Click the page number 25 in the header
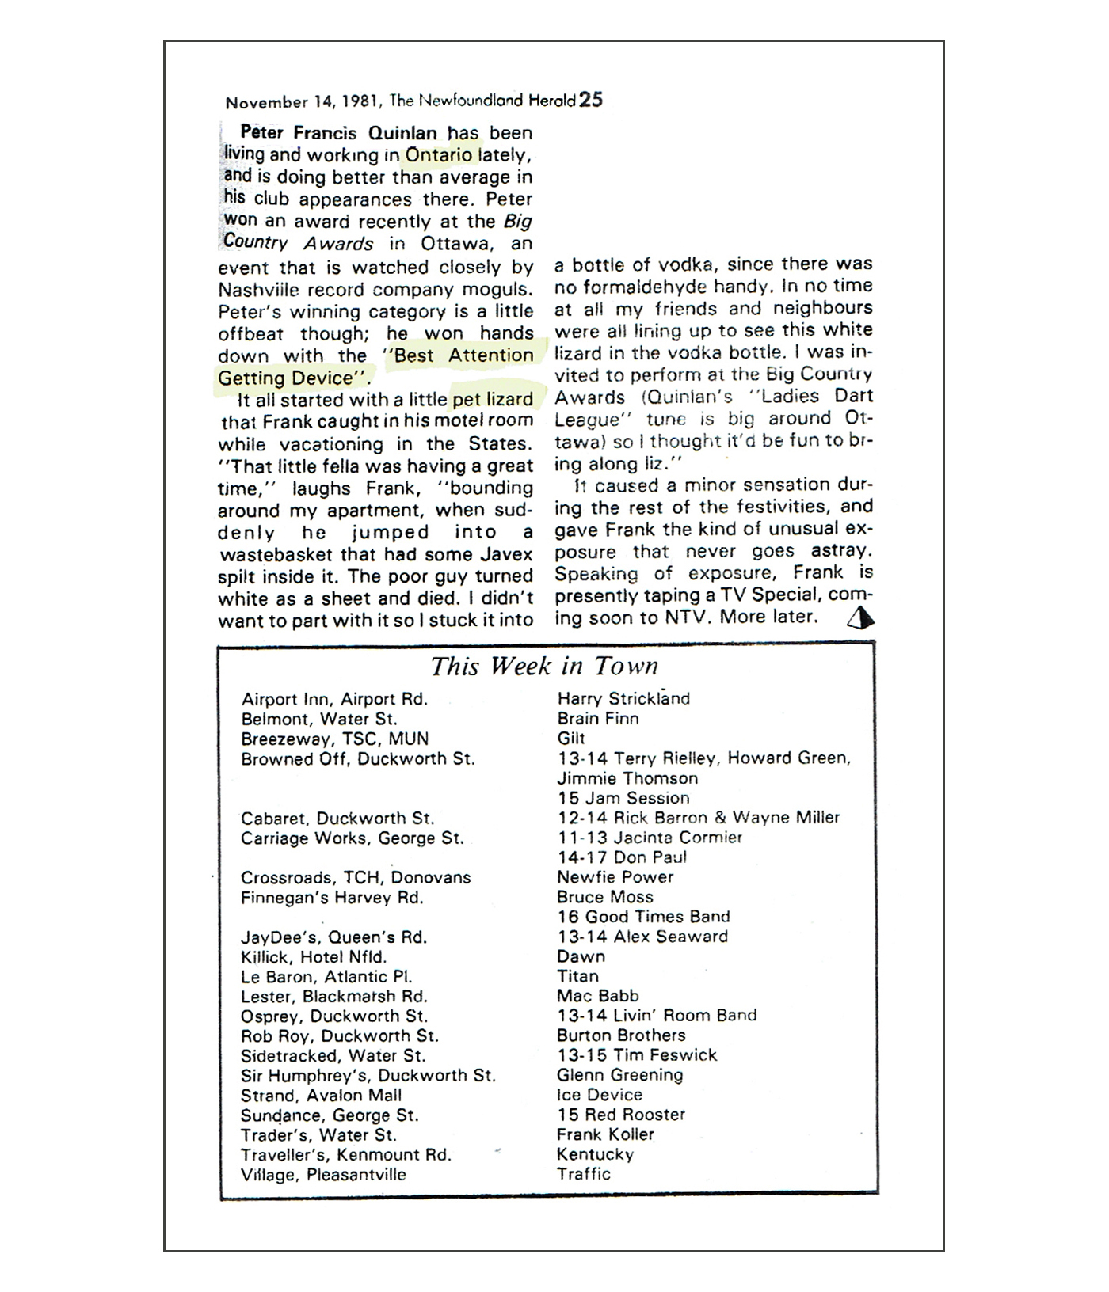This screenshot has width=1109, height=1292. (590, 100)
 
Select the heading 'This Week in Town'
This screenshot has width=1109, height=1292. (544, 666)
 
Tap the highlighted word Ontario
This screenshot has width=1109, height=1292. (438, 154)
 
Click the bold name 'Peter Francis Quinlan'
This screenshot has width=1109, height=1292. (339, 132)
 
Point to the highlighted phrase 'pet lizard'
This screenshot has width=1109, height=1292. (493, 399)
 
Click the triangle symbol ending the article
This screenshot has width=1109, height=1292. (860, 617)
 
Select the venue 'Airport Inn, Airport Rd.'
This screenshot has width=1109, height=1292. (334, 699)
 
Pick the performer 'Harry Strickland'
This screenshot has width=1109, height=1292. (623, 698)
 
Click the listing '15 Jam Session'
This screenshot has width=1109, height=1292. (623, 798)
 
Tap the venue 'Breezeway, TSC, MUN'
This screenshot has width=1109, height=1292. (335, 739)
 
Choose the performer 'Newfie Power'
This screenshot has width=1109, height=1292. (615, 877)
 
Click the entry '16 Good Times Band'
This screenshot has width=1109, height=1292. (643, 917)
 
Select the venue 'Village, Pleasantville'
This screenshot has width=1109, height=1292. (323, 1175)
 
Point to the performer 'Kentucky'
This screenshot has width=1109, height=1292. (595, 1154)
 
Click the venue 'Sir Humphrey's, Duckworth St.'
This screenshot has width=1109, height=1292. (368, 1075)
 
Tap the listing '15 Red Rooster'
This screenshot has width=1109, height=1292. (621, 1115)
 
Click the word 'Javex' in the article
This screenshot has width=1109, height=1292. (505, 554)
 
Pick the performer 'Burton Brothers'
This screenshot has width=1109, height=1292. (621, 1035)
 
